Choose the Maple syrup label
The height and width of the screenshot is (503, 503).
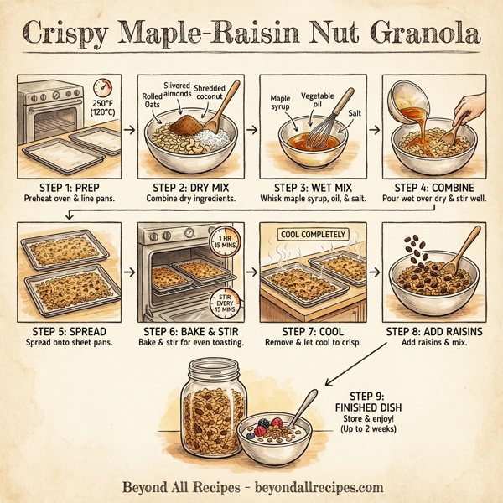280,103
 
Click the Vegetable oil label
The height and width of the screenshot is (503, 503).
317,101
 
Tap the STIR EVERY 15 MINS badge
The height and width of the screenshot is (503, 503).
222,303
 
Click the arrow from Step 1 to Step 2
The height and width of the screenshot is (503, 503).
128,130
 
